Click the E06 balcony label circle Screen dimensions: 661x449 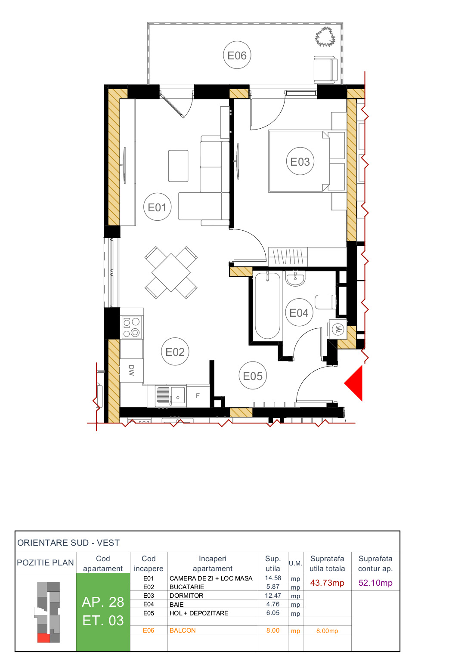[237, 55]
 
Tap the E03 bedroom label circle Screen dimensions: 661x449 [300, 161]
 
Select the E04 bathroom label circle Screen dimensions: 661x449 [299, 312]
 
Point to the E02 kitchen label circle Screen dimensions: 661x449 [175, 352]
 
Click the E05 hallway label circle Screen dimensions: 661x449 [253, 376]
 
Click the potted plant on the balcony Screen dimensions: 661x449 [325, 37]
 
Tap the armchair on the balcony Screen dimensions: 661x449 [325, 70]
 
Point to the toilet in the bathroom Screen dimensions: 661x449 [325, 302]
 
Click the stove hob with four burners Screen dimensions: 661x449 [131, 327]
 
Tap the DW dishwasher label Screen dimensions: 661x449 [131, 370]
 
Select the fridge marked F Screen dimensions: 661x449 [198, 396]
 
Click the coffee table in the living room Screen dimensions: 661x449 [178, 166]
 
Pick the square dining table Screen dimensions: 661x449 [171, 273]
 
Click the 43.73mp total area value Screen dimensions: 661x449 [327, 583]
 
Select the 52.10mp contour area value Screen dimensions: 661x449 [375, 583]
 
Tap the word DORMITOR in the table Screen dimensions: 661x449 [186, 596]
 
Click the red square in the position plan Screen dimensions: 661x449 [43, 638]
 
